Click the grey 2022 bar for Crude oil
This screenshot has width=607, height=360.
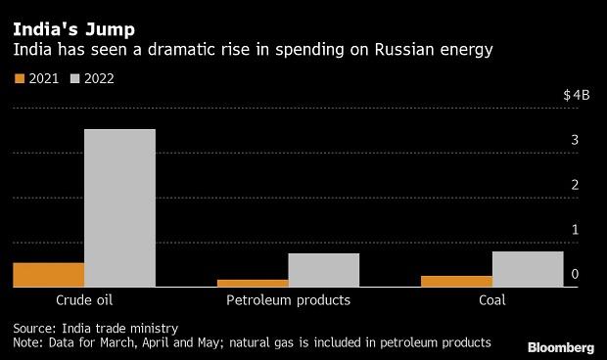click(x=119, y=208)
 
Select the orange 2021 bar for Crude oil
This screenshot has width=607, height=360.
click(x=48, y=275)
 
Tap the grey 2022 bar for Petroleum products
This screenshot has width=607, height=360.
click(x=324, y=270)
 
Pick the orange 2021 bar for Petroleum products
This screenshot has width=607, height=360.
click(x=253, y=283)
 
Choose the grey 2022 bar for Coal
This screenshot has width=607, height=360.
click(x=528, y=269)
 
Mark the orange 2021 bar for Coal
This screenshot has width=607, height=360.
click(x=456, y=281)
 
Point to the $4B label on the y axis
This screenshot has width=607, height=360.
click(x=576, y=96)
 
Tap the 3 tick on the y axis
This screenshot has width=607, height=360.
click(x=576, y=141)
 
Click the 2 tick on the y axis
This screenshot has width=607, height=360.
click(x=576, y=186)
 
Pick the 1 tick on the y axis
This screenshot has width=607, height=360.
click(x=576, y=230)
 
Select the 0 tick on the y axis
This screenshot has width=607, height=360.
click(x=576, y=275)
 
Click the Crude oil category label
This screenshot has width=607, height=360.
click(x=84, y=300)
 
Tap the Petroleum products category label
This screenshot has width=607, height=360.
click(x=288, y=300)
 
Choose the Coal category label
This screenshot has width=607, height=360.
click(x=492, y=300)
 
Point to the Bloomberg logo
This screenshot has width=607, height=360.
click(x=561, y=346)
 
